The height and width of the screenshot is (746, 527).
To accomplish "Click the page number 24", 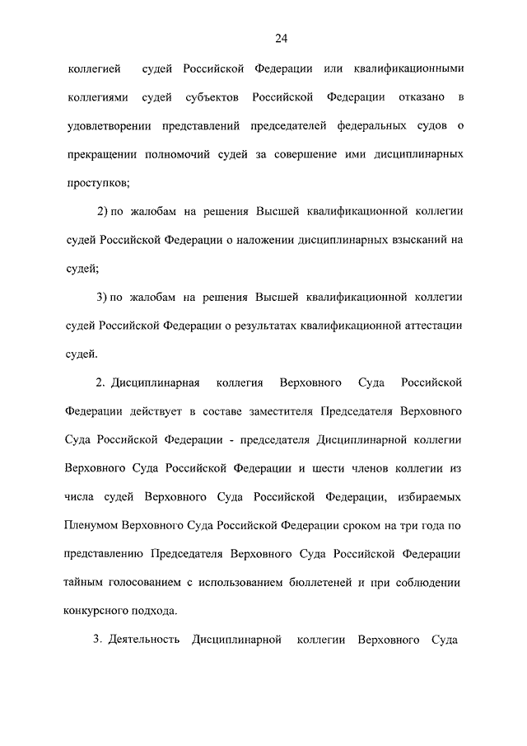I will click(x=281, y=38).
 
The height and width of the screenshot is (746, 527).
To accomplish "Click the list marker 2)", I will click(x=104, y=212).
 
